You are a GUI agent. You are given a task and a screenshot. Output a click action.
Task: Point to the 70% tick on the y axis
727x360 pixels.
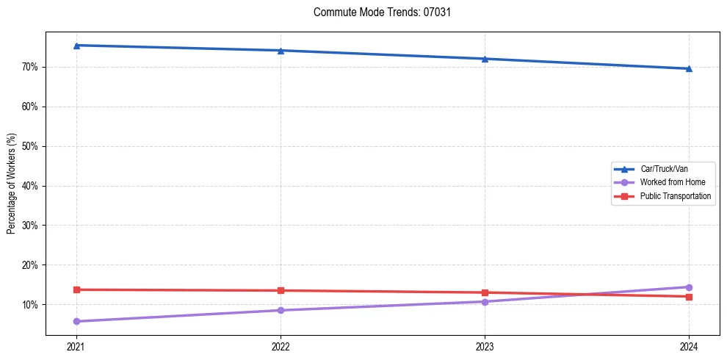click(x=31, y=67)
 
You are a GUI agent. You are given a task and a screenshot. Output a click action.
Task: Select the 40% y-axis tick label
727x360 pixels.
click(x=31, y=186)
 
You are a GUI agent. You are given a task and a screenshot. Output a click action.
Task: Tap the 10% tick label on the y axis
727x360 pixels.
click(x=31, y=304)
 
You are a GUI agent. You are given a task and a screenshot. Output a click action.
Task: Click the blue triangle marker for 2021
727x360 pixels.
click(x=76, y=46)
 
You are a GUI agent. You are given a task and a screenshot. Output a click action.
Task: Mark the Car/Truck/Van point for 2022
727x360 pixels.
click(x=281, y=51)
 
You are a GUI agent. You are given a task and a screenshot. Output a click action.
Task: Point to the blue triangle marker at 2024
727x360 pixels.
click(x=689, y=69)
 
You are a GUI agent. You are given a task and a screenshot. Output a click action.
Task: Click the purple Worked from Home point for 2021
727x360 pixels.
click(x=76, y=321)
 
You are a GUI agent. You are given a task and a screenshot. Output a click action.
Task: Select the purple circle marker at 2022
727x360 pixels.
click(x=281, y=310)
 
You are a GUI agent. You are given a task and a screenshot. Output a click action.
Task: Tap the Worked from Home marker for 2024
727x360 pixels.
click(x=689, y=287)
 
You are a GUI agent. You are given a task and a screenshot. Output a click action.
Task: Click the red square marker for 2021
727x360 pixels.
click(x=76, y=289)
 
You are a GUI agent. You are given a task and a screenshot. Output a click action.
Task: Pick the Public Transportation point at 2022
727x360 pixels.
click(x=281, y=290)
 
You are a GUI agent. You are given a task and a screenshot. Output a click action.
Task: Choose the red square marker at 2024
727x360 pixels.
click(x=689, y=297)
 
